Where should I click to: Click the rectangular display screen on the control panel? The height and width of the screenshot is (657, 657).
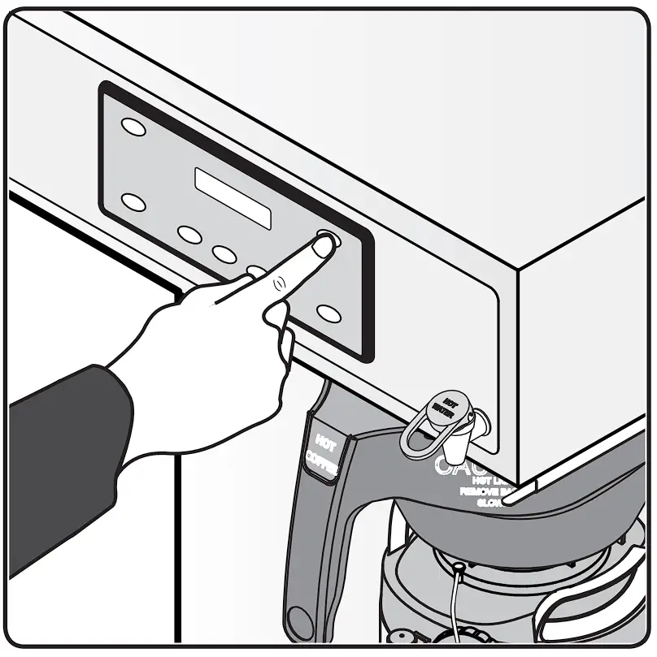coord(233,197)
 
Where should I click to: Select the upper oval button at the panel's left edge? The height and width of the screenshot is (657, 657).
coord(133,127)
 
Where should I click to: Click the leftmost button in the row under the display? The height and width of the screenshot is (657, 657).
coord(189,235)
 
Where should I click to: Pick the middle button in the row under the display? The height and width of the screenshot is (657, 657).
coord(224,253)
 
